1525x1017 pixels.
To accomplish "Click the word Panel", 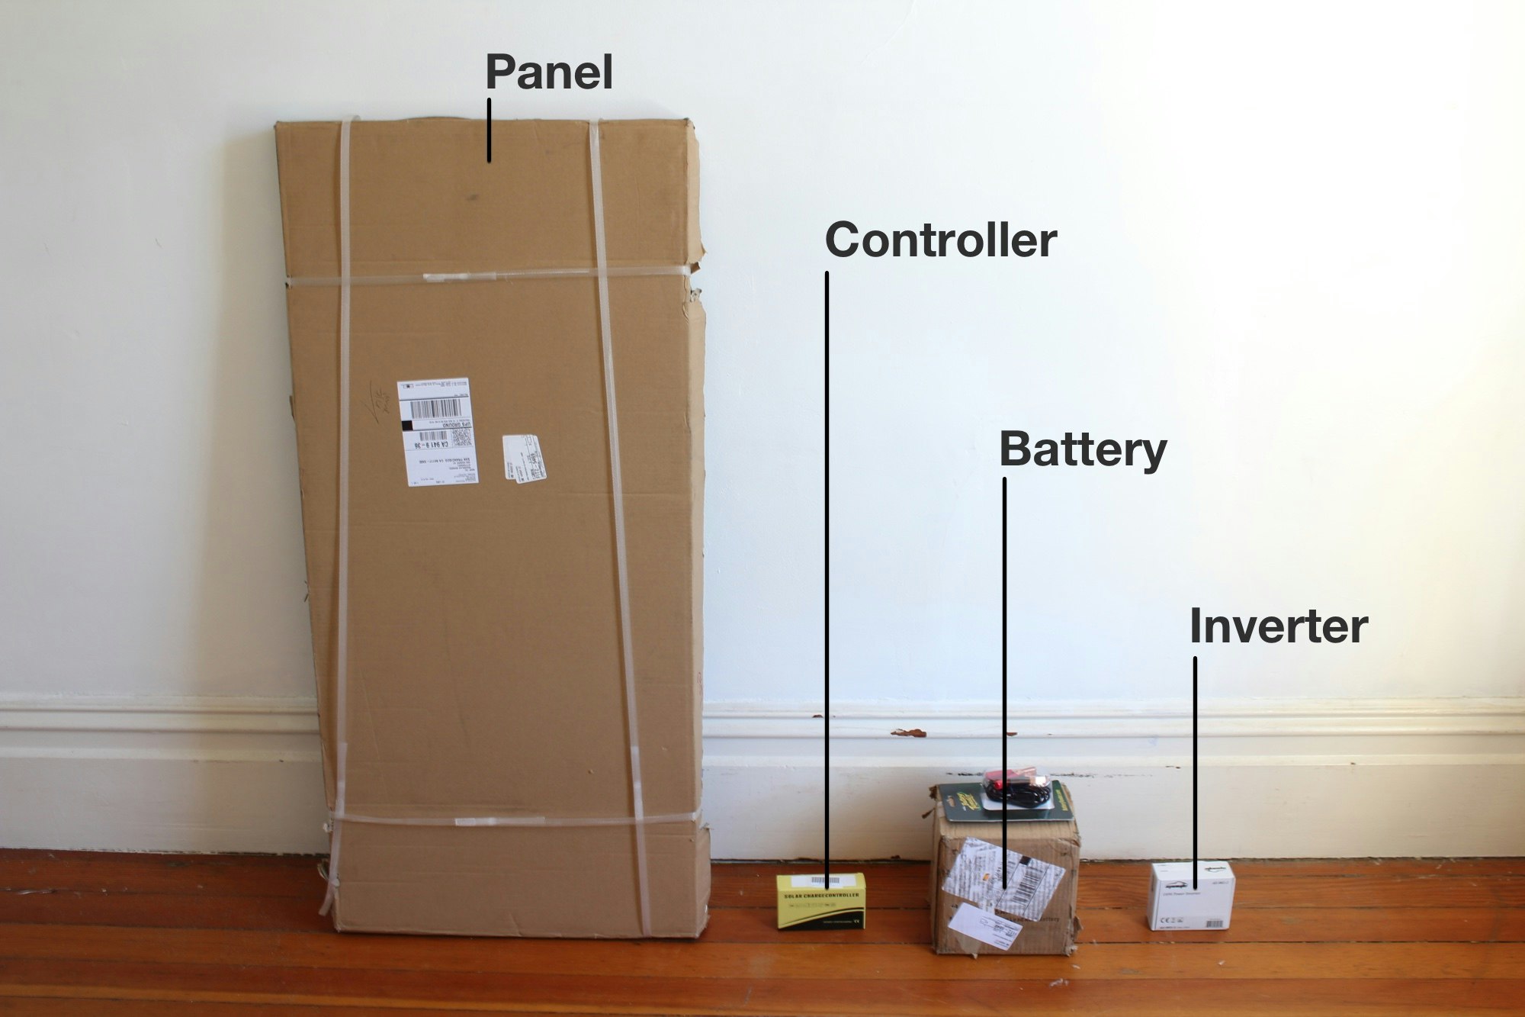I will tap(549, 72).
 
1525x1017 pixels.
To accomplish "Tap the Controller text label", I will tap(941, 241).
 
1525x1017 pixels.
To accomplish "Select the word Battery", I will tap(1083, 449).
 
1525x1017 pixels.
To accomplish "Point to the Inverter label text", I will tap(1279, 627).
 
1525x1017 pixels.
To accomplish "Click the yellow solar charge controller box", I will tap(820, 901).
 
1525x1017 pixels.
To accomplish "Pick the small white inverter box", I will tap(1191, 896).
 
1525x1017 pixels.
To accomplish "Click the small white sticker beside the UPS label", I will tap(525, 457).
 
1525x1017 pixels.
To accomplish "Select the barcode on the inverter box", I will tap(1211, 923).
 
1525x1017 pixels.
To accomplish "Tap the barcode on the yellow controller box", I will tap(827, 881).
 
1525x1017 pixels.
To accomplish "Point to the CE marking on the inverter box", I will tap(1167, 922).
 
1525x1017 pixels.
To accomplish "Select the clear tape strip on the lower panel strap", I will tap(499, 821).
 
